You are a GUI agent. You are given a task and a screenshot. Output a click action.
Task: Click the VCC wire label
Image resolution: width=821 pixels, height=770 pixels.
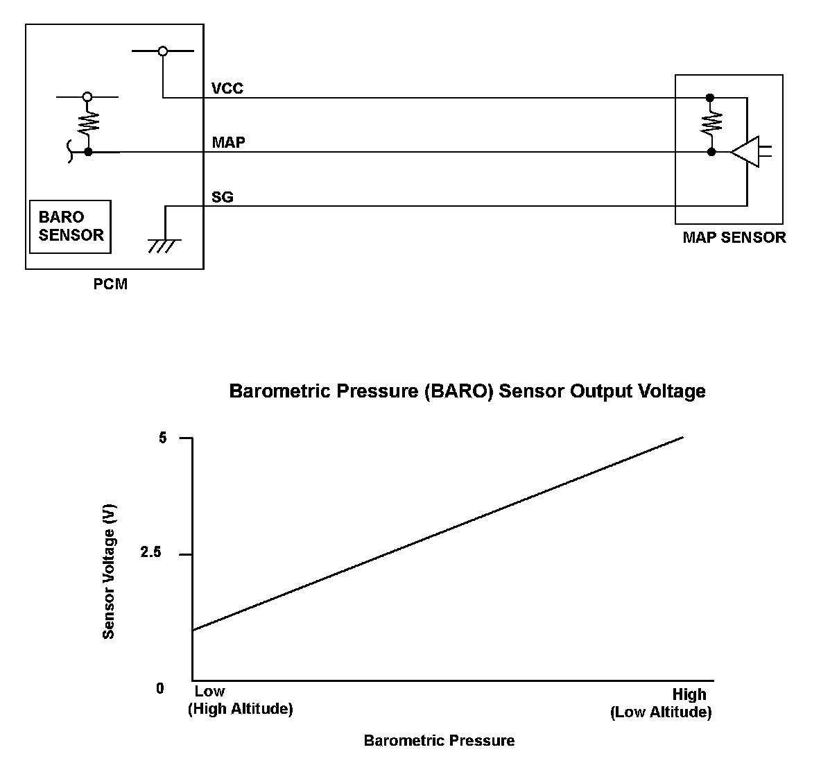pyautogui.click(x=227, y=89)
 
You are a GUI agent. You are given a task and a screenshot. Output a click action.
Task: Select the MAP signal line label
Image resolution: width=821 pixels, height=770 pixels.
pyautogui.click(x=228, y=142)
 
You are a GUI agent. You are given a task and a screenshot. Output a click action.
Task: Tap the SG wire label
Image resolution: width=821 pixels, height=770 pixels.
pyautogui.click(x=222, y=197)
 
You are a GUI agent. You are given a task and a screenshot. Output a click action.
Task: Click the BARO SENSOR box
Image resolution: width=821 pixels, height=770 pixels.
pyautogui.click(x=71, y=227)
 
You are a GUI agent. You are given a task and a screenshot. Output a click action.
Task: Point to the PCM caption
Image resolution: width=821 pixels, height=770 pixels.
pyautogui.click(x=110, y=284)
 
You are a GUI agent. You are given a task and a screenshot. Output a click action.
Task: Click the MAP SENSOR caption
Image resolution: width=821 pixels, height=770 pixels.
pyautogui.click(x=734, y=237)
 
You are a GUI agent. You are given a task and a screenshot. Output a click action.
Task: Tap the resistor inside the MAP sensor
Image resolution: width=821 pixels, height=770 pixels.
pyautogui.click(x=711, y=124)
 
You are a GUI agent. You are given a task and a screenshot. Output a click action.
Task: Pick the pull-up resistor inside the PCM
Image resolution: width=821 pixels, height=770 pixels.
pyautogui.click(x=88, y=123)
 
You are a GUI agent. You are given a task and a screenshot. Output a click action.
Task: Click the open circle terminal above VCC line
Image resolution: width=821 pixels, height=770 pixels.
pyautogui.click(x=163, y=51)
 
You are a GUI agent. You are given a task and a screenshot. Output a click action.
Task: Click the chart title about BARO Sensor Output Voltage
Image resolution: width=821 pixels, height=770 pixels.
pyautogui.click(x=467, y=391)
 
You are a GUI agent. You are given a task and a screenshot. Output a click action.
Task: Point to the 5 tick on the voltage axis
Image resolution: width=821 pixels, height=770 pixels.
pyautogui.click(x=163, y=438)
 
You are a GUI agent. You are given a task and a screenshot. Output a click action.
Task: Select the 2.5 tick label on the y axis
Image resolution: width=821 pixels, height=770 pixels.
pyautogui.click(x=150, y=554)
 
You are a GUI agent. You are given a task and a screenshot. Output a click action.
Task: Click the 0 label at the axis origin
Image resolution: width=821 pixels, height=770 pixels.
pyautogui.click(x=160, y=688)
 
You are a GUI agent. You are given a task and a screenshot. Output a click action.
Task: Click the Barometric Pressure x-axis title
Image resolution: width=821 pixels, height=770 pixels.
pyautogui.click(x=439, y=741)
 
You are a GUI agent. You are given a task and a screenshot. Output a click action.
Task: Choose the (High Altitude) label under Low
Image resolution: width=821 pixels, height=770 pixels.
pyautogui.click(x=241, y=710)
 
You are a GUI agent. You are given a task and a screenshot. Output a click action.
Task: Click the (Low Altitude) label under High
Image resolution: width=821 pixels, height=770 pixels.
pyautogui.click(x=661, y=712)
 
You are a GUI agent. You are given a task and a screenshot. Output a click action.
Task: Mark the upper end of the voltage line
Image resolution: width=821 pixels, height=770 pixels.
pyautogui.click(x=683, y=437)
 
